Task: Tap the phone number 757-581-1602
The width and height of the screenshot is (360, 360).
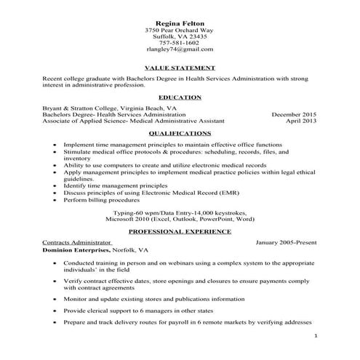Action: (x=179, y=43)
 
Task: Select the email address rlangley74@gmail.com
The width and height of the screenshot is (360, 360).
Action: (x=179, y=50)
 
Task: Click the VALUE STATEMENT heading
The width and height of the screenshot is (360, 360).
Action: (x=179, y=66)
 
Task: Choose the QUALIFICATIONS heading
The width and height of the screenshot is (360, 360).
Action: (x=179, y=134)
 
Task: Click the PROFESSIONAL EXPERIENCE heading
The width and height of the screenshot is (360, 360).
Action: (x=179, y=231)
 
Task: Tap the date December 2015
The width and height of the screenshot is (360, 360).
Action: (x=295, y=114)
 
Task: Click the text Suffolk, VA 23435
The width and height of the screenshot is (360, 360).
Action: (x=179, y=36)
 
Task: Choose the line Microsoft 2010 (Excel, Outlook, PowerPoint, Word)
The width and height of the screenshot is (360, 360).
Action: (x=179, y=217)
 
